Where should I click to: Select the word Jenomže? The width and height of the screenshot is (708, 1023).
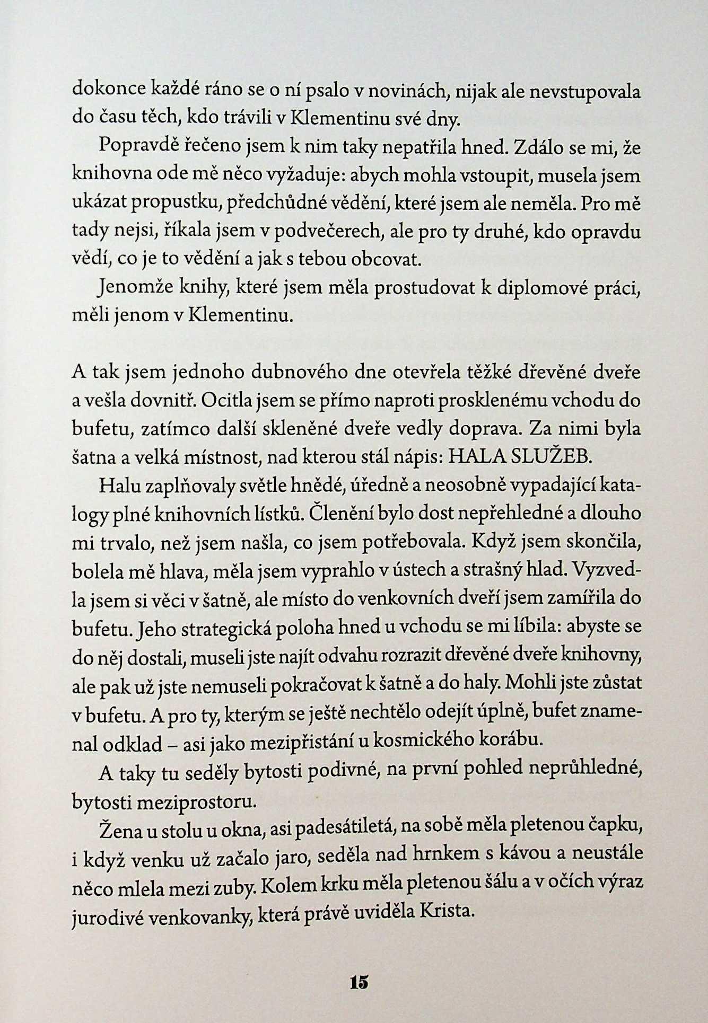(130, 289)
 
